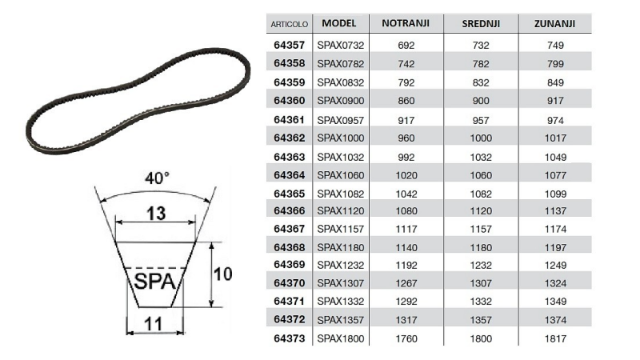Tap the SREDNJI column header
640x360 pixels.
pos(481,24)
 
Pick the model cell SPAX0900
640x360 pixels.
pos(341,102)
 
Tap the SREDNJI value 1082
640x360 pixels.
pos(481,194)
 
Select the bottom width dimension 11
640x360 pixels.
pos(153,323)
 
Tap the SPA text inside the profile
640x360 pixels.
pos(154,282)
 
